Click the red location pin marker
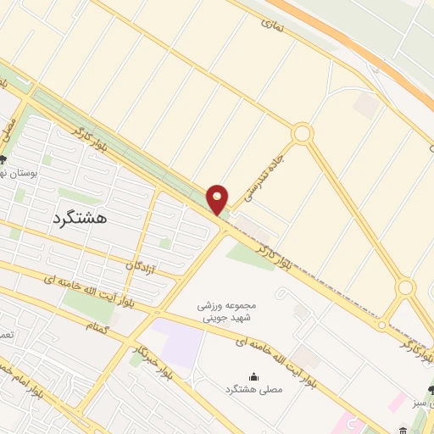(219, 199)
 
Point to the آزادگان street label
(142, 266)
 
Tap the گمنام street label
(97, 326)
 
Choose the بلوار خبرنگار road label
(144, 356)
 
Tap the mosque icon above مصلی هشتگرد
(254, 376)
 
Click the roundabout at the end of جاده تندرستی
(302, 134)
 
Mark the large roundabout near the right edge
(406, 288)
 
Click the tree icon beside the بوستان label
(3, 159)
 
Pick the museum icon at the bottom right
(403, 431)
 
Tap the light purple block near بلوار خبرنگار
(178, 344)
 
